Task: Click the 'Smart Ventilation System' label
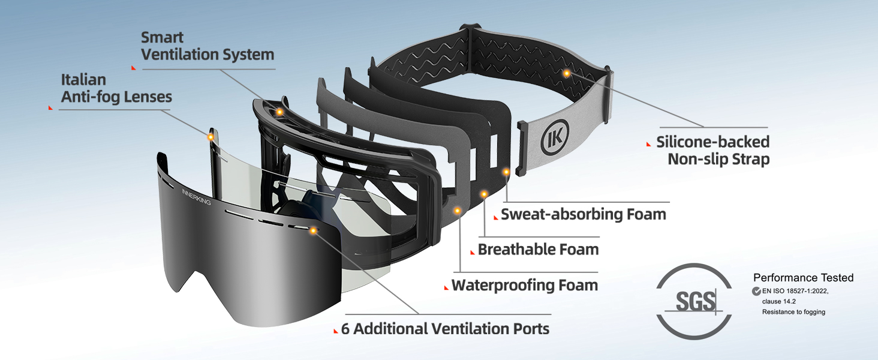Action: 208,46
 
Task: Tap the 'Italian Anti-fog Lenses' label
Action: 116,88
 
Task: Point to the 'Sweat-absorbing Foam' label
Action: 583,214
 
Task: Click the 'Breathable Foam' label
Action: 538,249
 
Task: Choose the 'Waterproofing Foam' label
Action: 524,284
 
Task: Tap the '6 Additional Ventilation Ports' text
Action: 445,329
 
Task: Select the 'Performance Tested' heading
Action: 803,278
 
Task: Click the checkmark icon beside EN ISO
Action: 756,291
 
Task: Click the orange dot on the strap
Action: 566,73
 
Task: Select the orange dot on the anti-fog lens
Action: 211,137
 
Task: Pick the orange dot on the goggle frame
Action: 279,112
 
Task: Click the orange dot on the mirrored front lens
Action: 314,230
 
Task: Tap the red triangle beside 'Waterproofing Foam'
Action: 446,288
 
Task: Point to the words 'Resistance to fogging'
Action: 793,312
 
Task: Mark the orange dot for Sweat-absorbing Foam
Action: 506,172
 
